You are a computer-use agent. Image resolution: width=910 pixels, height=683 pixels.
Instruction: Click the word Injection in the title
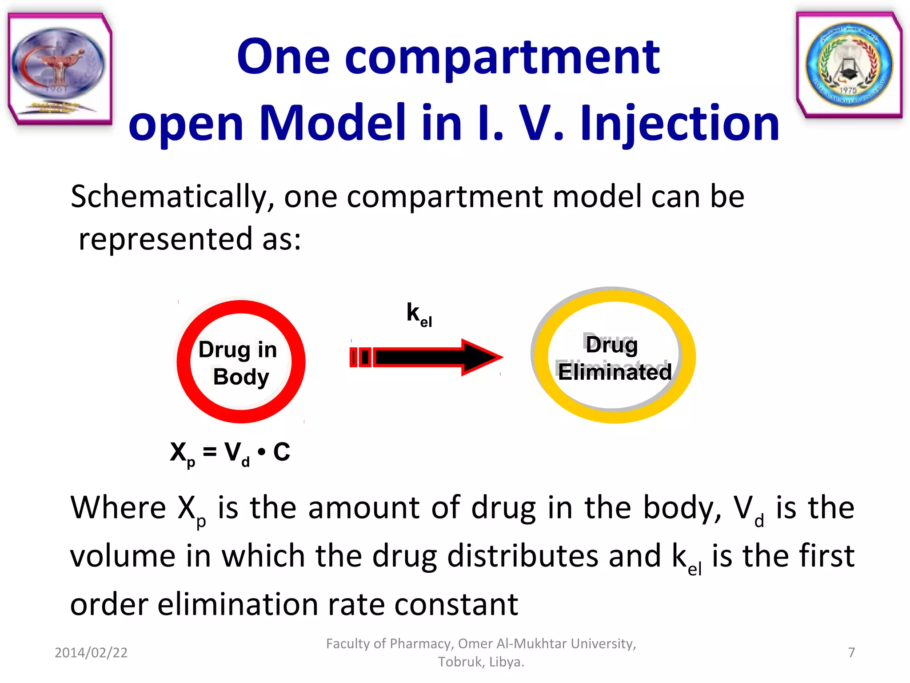click(679, 124)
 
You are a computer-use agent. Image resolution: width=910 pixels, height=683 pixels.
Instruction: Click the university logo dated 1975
click(849, 65)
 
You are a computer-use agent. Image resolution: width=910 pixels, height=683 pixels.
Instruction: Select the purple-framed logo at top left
click(60, 68)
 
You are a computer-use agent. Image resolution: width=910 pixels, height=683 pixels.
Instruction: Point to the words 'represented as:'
click(190, 239)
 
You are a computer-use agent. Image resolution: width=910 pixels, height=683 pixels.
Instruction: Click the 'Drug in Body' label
click(239, 362)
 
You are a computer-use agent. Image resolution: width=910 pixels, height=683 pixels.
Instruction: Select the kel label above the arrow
click(419, 314)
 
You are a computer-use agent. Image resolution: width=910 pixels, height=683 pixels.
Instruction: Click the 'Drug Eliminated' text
click(614, 359)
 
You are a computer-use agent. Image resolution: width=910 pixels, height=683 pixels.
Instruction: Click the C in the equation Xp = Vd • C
click(281, 452)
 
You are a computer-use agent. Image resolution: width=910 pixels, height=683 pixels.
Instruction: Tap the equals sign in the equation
click(209, 452)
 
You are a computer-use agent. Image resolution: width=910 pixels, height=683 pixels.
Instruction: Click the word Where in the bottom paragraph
click(118, 508)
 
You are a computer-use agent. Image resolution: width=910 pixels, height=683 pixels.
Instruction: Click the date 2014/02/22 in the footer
click(91, 652)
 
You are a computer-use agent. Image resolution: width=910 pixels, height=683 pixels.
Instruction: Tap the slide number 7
click(851, 652)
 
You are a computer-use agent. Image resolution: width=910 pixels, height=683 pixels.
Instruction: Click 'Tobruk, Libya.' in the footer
click(481, 662)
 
